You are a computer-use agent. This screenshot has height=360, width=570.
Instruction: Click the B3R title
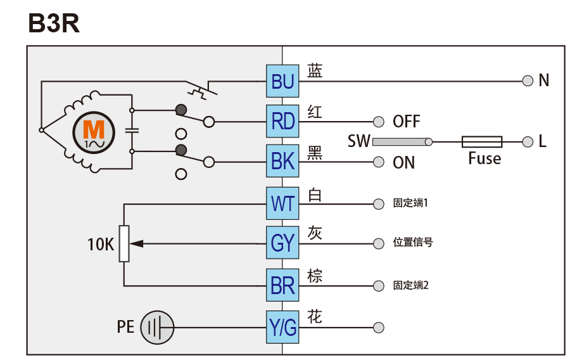pyautogui.click(x=53, y=23)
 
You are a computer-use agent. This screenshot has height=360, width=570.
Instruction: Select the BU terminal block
pyautogui.click(x=282, y=80)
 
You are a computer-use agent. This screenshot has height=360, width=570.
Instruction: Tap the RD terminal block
pyautogui.click(x=282, y=120)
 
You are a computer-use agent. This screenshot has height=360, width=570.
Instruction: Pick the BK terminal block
pyautogui.click(x=282, y=162)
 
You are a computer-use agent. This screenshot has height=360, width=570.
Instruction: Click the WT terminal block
pyautogui.click(x=282, y=203)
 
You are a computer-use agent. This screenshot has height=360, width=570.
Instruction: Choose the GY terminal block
pyautogui.click(x=282, y=243)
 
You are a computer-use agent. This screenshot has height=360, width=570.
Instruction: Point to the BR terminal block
pyautogui.click(x=282, y=285)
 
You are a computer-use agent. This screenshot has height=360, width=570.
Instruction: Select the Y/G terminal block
pyautogui.click(x=282, y=328)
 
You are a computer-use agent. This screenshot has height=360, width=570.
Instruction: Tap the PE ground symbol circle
pyautogui.click(x=157, y=328)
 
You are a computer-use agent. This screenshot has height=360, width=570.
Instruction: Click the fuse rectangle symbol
pyautogui.click(x=482, y=141)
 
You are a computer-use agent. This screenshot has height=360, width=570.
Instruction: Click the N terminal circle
pyautogui.click(x=527, y=80)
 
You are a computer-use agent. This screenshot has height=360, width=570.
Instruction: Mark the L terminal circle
pyautogui.click(x=527, y=141)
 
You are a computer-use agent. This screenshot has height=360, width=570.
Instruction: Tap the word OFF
pyautogui.click(x=406, y=121)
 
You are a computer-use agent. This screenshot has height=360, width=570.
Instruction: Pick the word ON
pyautogui.click(x=403, y=163)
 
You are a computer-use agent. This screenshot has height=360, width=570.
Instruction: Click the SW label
pyautogui.click(x=358, y=141)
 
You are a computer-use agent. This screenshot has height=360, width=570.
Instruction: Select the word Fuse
pyautogui.click(x=484, y=158)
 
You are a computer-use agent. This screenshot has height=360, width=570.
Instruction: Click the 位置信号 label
pyautogui.click(x=413, y=243)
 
